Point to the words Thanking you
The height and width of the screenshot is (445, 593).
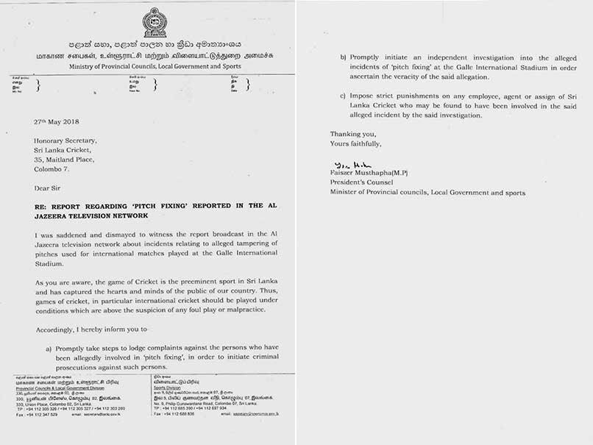352,134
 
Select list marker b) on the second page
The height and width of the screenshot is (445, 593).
343,57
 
